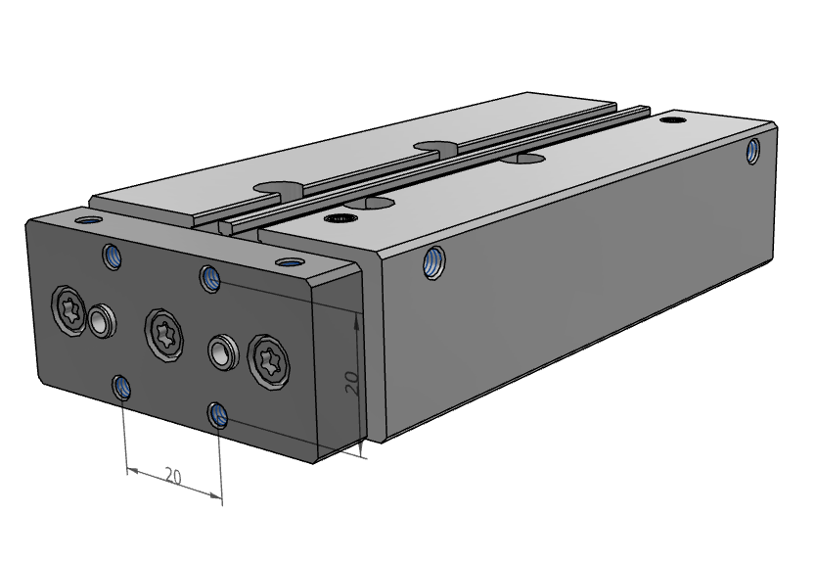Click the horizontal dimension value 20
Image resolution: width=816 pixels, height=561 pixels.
[x=173, y=476]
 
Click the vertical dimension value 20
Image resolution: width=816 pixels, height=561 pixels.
[x=352, y=383]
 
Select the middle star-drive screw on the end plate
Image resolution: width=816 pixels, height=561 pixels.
[x=164, y=335]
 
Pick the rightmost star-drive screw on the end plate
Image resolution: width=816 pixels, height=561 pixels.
[x=269, y=362]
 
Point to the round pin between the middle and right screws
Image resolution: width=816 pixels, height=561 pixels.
[x=222, y=351]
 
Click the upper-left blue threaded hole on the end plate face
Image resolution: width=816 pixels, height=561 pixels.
[x=112, y=257]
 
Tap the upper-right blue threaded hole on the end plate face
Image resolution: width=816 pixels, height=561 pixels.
[x=210, y=279]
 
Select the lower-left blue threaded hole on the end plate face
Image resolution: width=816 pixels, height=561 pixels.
[x=121, y=387]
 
